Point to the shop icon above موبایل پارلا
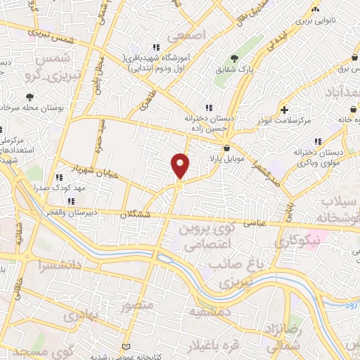tap(226, 148)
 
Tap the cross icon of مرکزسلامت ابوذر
tap(284, 110)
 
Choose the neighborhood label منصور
tap(136, 306)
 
